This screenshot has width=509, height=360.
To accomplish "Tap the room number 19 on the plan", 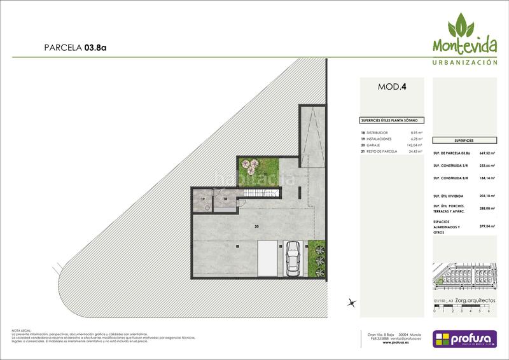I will click(203, 199).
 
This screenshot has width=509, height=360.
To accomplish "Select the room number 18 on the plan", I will click(225, 199).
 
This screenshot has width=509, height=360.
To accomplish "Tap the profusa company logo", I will click(463, 338).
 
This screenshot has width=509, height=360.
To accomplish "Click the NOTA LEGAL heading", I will click(22, 330).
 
